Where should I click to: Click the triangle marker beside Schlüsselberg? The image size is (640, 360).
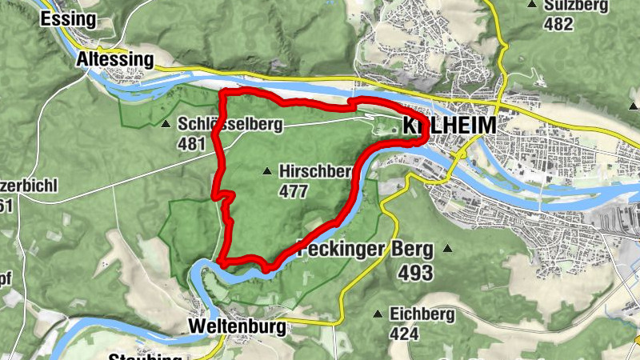coord(166,125)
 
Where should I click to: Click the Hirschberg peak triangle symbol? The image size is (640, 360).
coord(267,170)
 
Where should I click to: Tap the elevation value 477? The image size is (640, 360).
coord(294,191)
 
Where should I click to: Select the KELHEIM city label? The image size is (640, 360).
coord(448,126)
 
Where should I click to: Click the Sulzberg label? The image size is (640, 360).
coord(573,5)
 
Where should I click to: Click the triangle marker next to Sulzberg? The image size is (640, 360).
coord(532,5)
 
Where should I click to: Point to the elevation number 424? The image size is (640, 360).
coord(406,333)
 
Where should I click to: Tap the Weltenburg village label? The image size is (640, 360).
coord(237,327)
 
